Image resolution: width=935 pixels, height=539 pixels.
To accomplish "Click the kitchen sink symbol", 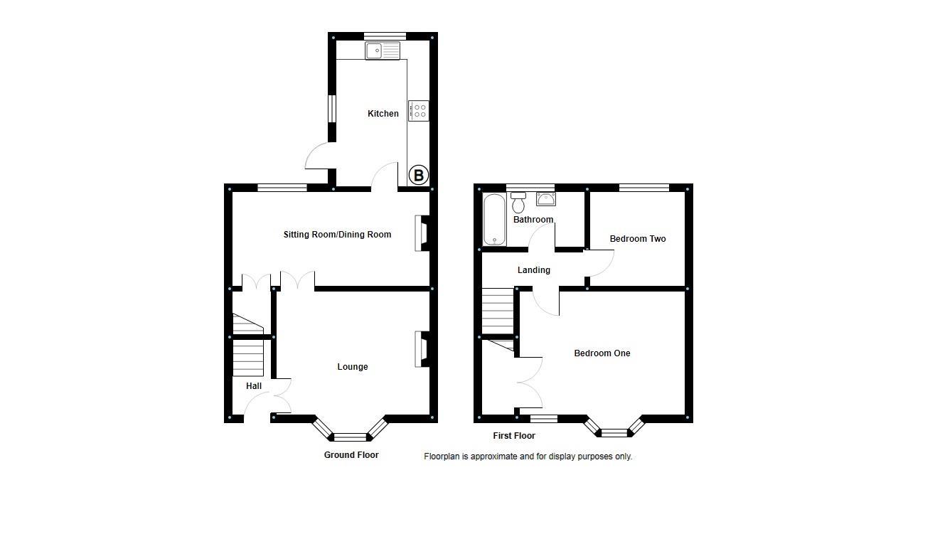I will click(x=383, y=50).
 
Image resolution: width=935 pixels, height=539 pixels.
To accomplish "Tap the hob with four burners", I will click(x=419, y=111).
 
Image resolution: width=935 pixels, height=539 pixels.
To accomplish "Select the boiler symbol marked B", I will click(x=419, y=175).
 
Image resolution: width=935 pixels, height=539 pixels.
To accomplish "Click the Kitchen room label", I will click(x=383, y=114).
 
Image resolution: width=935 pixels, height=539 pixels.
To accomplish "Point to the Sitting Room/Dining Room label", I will click(x=337, y=235).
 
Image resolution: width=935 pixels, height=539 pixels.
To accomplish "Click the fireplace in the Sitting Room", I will click(x=422, y=234).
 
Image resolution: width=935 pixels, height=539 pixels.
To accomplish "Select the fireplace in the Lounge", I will click(x=422, y=350).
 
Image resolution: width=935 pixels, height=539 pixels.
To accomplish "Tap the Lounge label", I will click(x=353, y=367).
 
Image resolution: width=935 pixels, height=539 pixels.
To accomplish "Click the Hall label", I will click(x=254, y=386).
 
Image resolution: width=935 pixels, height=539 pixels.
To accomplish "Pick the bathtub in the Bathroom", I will click(x=492, y=220).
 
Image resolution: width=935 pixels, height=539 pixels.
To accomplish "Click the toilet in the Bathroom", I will click(x=518, y=203).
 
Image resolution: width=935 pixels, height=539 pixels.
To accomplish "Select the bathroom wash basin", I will click(x=545, y=198).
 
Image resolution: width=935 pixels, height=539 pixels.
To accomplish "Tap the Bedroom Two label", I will click(x=638, y=239).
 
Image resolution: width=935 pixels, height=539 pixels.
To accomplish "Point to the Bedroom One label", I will click(x=602, y=353).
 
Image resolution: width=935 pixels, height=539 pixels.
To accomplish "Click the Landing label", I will click(x=533, y=270).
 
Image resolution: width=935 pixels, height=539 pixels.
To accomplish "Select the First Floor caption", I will click(x=514, y=436).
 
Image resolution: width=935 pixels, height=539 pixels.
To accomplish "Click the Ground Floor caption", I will click(x=351, y=455).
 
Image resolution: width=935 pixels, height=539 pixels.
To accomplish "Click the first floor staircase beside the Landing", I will click(x=498, y=311).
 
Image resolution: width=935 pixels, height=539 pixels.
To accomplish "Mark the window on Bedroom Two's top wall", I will click(x=644, y=188).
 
